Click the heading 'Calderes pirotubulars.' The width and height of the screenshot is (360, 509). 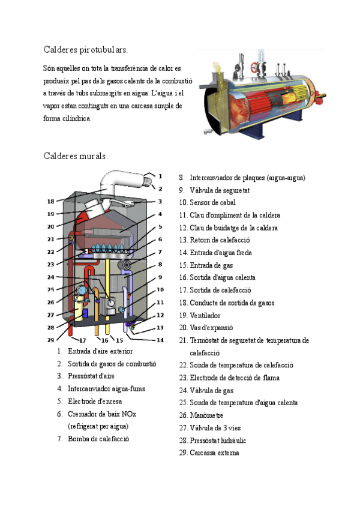pyautogui.click(x=86, y=49)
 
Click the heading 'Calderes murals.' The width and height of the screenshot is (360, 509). pyautogui.click(x=76, y=156)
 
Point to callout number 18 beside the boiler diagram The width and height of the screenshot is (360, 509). pyautogui.click(x=50, y=201)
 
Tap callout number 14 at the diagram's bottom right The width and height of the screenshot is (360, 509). pyautogui.click(x=160, y=340)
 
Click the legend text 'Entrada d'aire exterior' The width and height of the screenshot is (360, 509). pyautogui.click(x=100, y=351)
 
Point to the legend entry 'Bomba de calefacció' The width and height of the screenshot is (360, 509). pyautogui.click(x=98, y=439)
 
